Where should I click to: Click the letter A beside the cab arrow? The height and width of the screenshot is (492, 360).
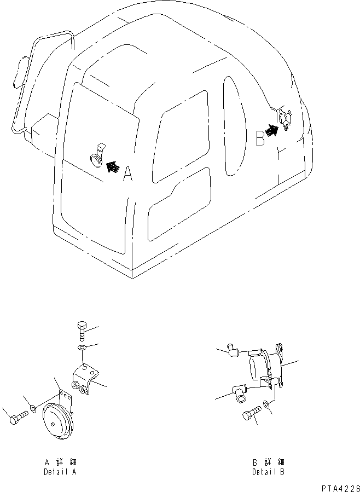coord(127,174)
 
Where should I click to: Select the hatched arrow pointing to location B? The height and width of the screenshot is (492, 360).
coord(272,130)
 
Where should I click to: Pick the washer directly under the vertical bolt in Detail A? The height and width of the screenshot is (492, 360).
coord(82,348)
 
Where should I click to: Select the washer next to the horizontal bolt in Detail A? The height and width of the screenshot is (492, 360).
coord(34,408)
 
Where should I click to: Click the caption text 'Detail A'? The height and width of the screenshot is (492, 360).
coord(60,472)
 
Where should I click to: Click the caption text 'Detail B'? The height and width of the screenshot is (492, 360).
coord(268,472)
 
